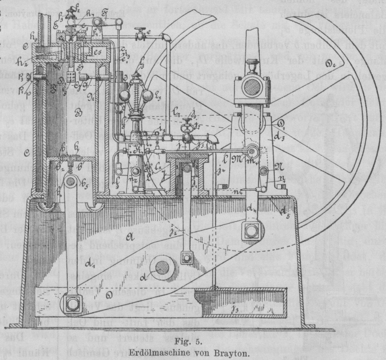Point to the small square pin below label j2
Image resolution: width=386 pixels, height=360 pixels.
coord(185,256)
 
